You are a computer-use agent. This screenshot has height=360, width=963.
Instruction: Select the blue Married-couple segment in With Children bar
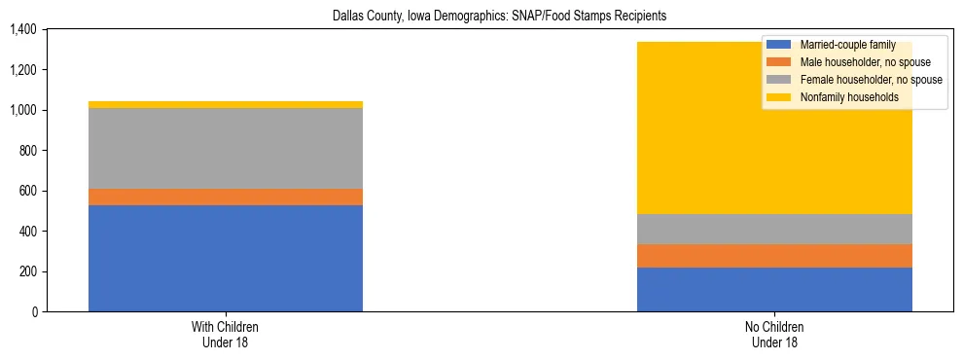click(x=226, y=258)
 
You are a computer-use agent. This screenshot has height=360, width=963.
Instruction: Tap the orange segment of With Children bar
click(x=226, y=197)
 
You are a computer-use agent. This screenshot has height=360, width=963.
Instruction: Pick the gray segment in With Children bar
click(x=226, y=148)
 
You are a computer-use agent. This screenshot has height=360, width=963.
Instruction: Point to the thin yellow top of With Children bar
click(x=226, y=104)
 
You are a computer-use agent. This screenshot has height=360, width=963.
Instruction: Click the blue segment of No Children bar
click(x=774, y=289)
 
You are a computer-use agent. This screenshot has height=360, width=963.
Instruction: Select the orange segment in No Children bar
click(x=774, y=256)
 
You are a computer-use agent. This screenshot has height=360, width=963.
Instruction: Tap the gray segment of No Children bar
click(x=774, y=229)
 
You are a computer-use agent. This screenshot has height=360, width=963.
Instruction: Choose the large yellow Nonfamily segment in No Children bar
click(x=681, y=127)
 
